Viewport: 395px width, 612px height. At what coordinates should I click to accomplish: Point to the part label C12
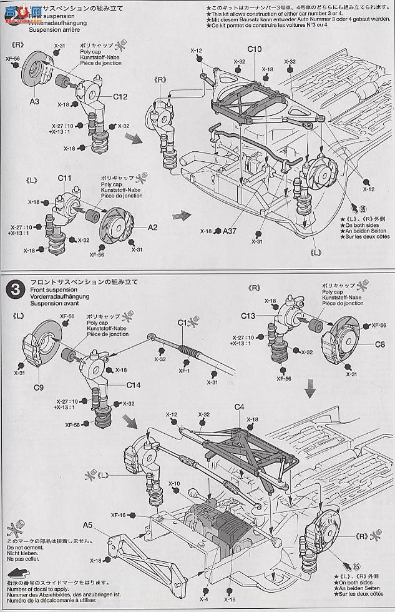pyautogui.click(x=120, y=97)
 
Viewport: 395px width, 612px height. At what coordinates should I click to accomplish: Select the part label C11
pyautogui.click(x=67, y=179)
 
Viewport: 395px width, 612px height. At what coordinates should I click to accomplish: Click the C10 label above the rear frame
pyautogui.click(x=254, y=49)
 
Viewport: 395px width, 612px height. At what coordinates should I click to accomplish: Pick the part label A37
pyautogui.click(x=231, y=231)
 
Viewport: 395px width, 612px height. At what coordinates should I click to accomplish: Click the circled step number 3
pyautogui.click(x=13, y=289)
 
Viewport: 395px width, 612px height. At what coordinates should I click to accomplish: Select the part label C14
pyautogui.click(x=134, y=386)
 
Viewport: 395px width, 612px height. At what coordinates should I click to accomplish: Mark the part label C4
pyautogui.click(x=239, y=408)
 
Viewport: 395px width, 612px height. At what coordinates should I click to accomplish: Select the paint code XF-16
pyautogui.click(x=119, y=514)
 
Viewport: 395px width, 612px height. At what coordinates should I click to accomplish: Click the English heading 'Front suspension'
pyautogui.click(x=47, y=289)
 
